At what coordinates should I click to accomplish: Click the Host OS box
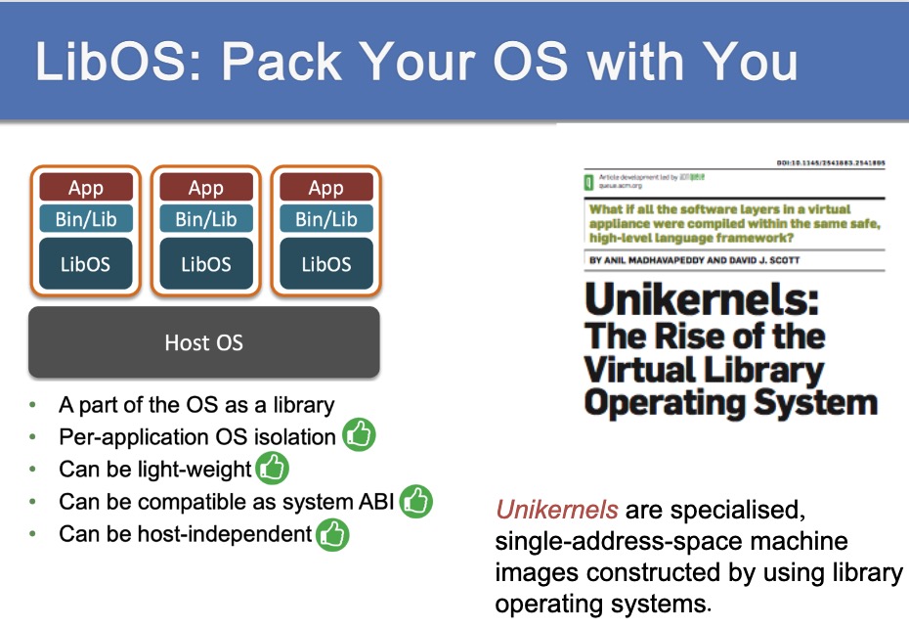coord(203,342)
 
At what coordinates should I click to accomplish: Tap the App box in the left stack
coord(86,188)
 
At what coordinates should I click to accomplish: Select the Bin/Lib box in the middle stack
coord(206,219)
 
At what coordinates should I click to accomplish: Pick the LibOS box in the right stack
coord(325,264)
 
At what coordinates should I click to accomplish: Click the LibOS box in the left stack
coord(86,264)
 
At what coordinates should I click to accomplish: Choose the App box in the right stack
coord(325,188)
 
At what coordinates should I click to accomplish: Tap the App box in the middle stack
coord(206,188)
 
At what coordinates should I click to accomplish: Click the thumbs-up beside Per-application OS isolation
coord(359,435)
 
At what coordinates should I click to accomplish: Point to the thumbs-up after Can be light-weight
coord(272,469)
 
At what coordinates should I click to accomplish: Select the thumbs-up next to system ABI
coord(416,502)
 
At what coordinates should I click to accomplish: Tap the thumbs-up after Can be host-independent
coord(332,534)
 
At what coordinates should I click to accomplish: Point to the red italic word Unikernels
coord(556,510)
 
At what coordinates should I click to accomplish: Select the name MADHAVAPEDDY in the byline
coord(685,260)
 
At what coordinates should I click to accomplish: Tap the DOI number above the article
coord(831,163)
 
